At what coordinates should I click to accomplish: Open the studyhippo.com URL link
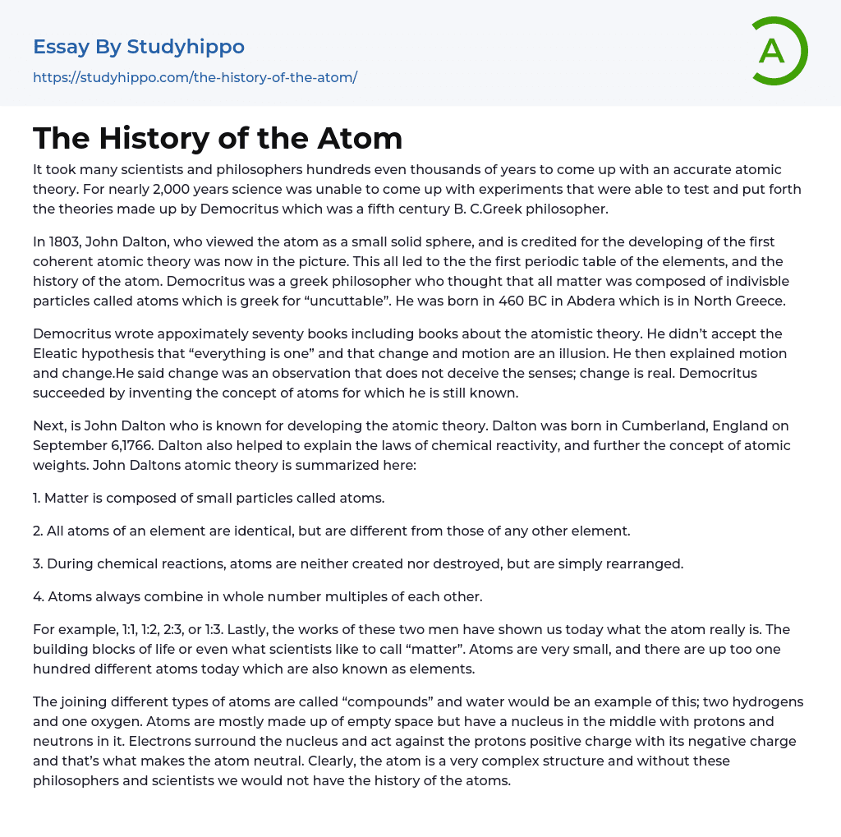[195, 77]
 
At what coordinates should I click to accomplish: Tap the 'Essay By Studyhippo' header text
[139, 47]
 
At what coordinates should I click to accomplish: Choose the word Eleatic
[58, 353]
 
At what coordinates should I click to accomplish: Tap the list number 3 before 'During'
[38, 563]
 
